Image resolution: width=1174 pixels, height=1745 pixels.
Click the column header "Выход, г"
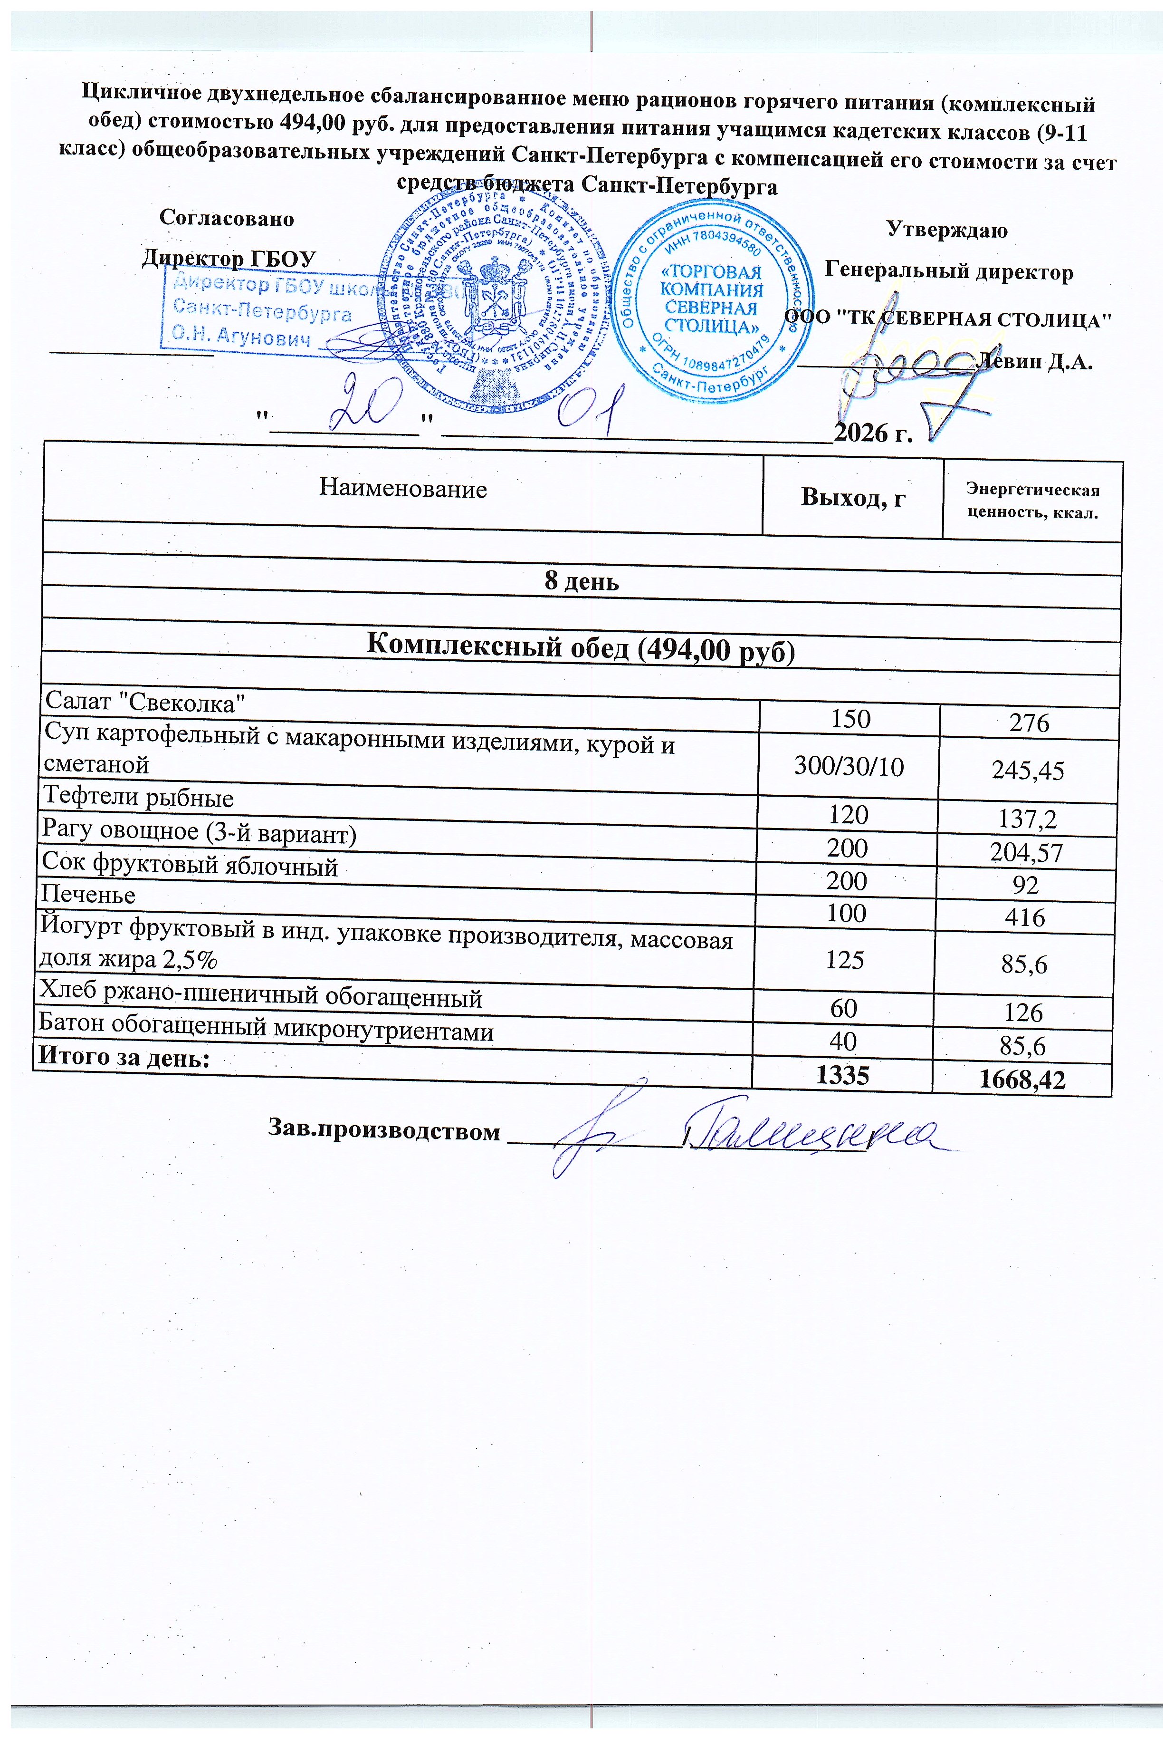[853, 497]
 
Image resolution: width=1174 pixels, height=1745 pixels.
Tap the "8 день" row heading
[581, 582]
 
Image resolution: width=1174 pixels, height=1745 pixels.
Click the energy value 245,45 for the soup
[1027, 771]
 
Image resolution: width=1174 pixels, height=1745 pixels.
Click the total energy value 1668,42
[1022, 1079]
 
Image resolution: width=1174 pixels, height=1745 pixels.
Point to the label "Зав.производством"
[383, 1130]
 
